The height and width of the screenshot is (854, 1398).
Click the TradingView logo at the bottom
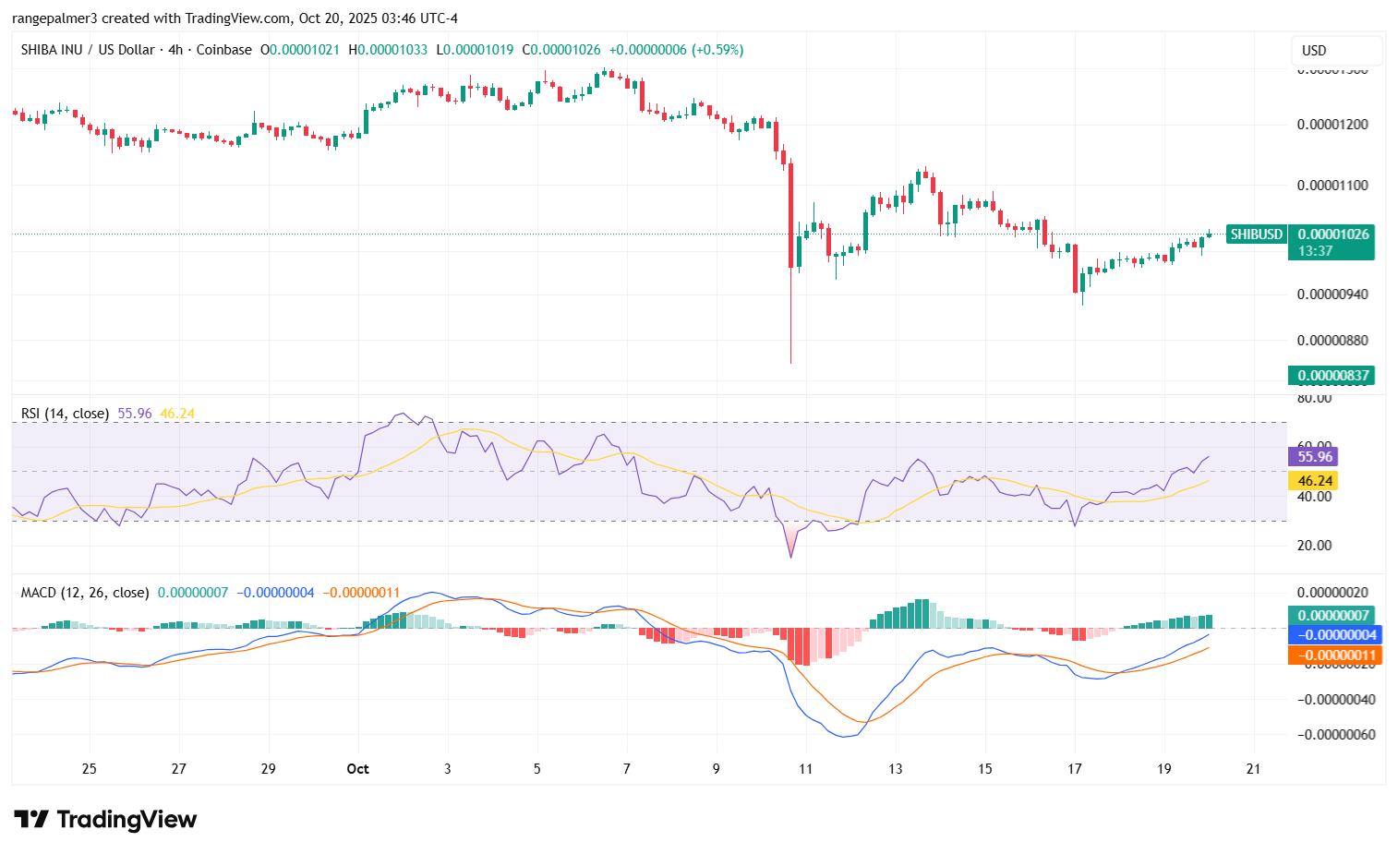click(x=105, y=819)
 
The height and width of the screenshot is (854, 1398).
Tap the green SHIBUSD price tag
click(x=1256, y=235)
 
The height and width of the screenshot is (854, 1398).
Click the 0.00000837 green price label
click(x=1332, y=375)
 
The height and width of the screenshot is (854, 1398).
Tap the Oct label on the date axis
click(x=357, y=769)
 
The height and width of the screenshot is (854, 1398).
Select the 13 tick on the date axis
click(x=896, y=769)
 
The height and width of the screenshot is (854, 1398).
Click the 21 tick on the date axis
click(x=1253, y=769)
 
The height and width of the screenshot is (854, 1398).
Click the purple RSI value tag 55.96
click(x=1314, y=456)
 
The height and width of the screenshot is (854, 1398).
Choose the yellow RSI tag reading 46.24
click(x=1314, y=481)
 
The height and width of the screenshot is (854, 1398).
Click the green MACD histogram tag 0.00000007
click(x=1332, y=616)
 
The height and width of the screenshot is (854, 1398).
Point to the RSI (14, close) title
click(x=65, y=414)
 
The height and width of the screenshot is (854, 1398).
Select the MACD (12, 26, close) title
click(x=85, y=593)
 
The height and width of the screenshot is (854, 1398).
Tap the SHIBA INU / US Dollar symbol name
click(x=88, y=50)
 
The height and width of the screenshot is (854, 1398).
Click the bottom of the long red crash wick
click(x=791, y=362)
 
